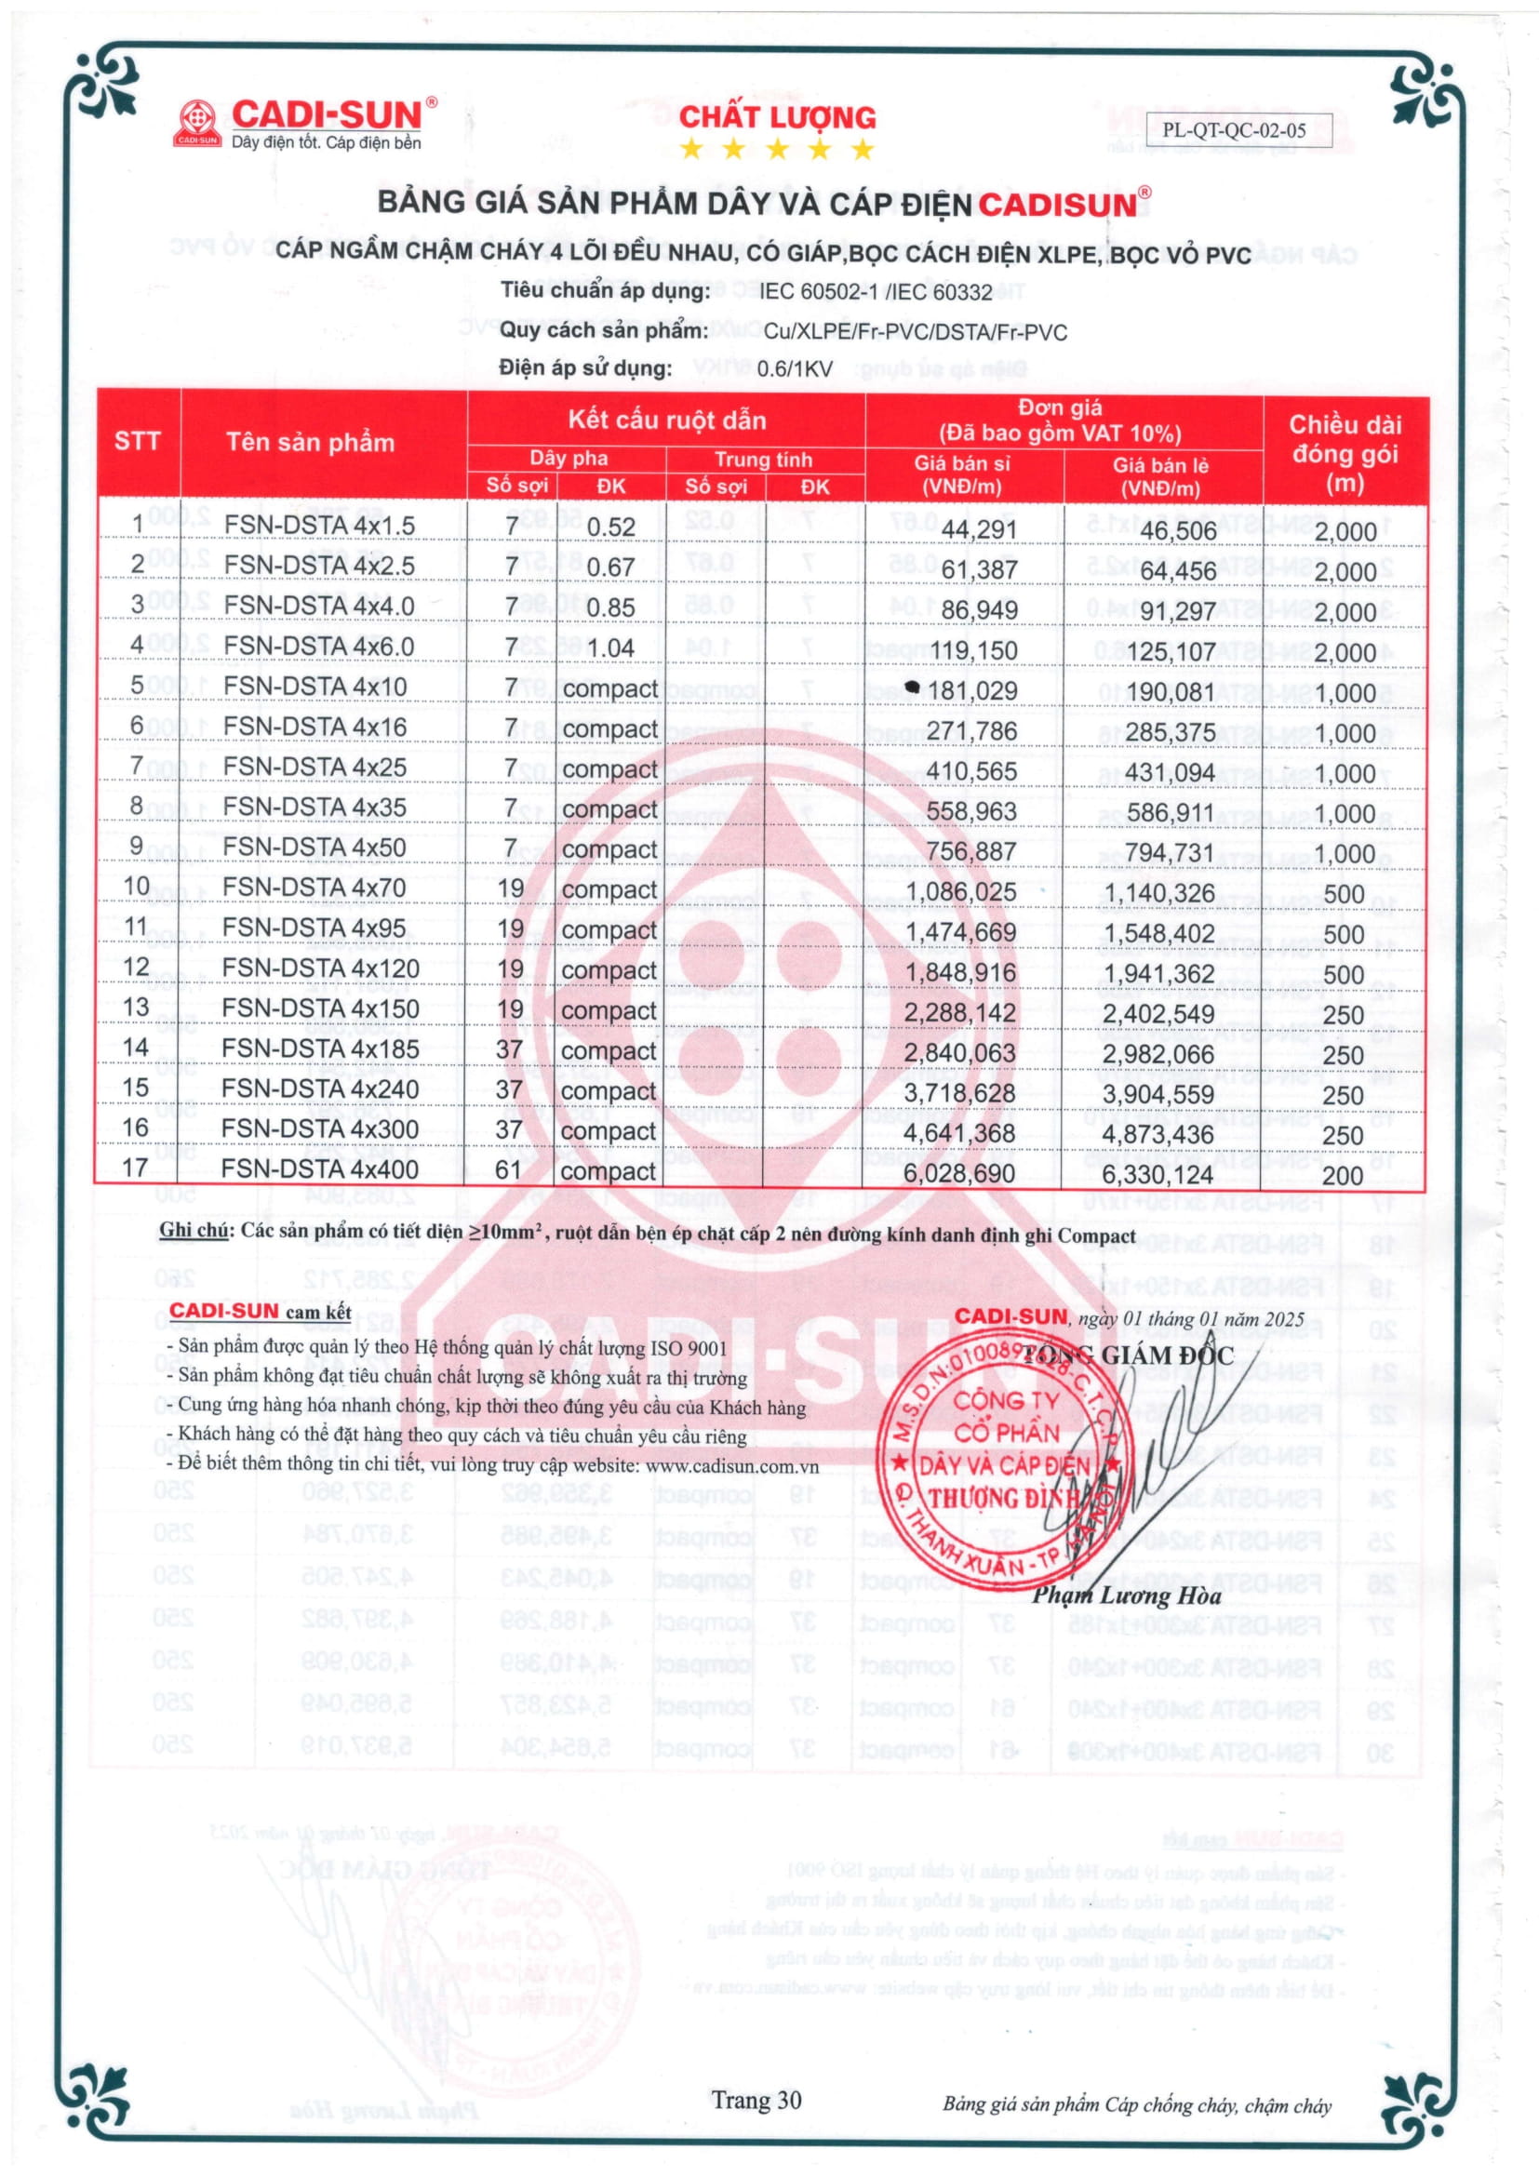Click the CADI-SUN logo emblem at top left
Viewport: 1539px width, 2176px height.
pyautogui.click(x=197, y=123)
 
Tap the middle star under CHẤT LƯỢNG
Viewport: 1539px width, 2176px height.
pyautogui.click(x=777, y=149)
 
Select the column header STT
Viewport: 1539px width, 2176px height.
pyautogui.click(x=137, y=442)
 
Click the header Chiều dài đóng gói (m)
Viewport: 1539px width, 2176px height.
pyautogui.click(x=1344, y=453)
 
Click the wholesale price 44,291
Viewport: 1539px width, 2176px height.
pyautogui.click(x=979, y=528)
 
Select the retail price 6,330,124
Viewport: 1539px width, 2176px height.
pyautogui.click(x=1158, y=1175)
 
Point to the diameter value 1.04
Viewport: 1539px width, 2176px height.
pyautogui.click(x=610, y=648)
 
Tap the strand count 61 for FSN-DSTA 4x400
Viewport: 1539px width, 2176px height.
pyautogui.click(x=509, y=1170)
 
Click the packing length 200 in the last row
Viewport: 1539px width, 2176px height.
pyautogui.click(x=1343, y=1176)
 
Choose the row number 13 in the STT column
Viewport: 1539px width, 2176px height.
pyautogui.click(x=137, y=1007)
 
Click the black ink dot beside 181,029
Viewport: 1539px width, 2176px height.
pyautogui.click(x=912, y=687)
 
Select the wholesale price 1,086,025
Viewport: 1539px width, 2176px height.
pyautogui.click(x=960, y=892)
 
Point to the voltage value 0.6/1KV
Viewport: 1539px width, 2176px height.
pyautogui.click(x=794, y=368)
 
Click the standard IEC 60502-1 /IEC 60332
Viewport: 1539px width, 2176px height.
pyautogui.click(x=875, y=292)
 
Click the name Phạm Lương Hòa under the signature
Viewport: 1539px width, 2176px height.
pyautogui.click(x=1126, y=1596)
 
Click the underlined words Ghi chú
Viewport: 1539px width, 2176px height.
pyautogui.click(x=194, y=1231)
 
